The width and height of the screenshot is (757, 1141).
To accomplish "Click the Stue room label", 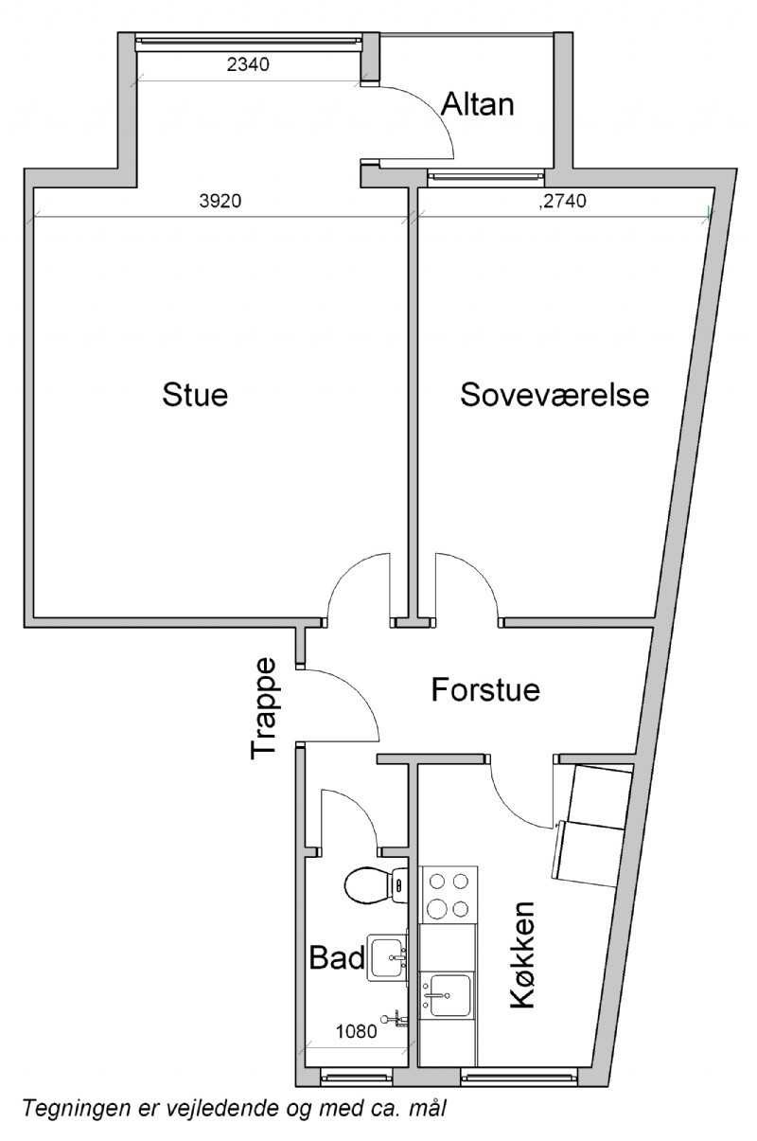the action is [195, 395].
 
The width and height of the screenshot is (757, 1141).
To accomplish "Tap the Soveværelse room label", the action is [555, 395].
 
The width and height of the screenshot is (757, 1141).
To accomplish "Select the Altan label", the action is [477, 104].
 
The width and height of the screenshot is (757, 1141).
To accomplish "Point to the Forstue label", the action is [485, 689].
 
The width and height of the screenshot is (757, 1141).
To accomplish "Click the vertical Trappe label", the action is [263, 708].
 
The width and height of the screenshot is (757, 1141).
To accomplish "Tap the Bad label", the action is [337, 957].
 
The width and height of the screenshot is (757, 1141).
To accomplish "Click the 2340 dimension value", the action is [247, 64].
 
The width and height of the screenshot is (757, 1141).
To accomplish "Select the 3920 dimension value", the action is [220, 201].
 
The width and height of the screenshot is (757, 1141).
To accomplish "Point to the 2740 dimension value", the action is [565, 201].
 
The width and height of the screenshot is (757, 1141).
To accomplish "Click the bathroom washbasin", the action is [387, 957].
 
